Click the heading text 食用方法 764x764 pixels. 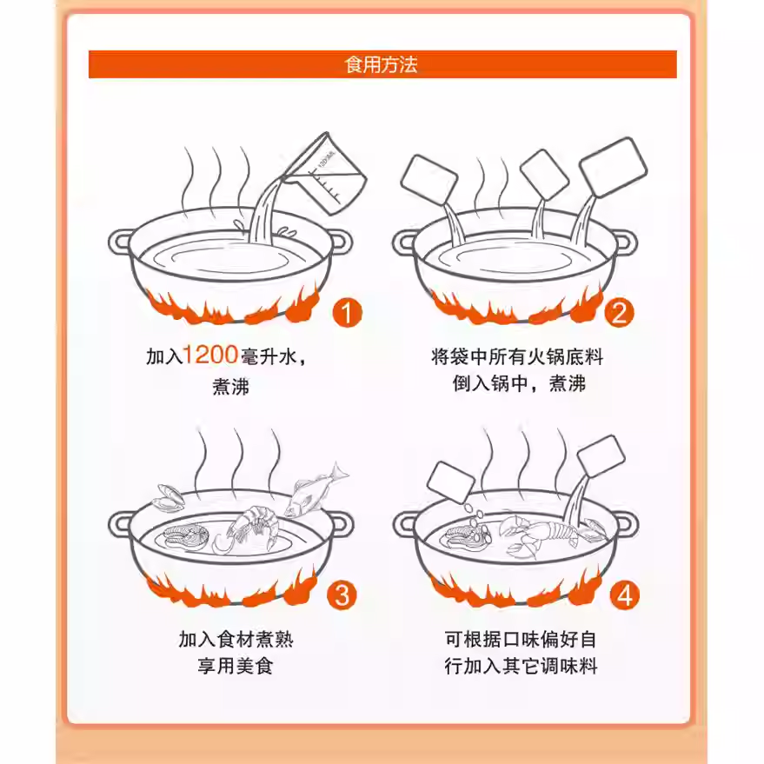click(381, 64)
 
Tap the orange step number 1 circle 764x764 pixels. click(348, 313)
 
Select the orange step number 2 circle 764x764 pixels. click(620, 313)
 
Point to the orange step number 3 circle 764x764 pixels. click(342, 595)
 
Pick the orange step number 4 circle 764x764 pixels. click(625, 595)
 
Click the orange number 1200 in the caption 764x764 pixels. click(210, 355)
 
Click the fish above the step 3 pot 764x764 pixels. click(316, 489)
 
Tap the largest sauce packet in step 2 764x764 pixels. click(613, 167)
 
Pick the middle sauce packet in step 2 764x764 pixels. click(544, 175)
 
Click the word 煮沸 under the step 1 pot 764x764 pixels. click(230, 387)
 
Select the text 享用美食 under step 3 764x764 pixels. click(235, 666)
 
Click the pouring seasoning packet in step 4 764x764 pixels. click(601, 455)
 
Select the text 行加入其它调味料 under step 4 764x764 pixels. click(521, 666)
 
